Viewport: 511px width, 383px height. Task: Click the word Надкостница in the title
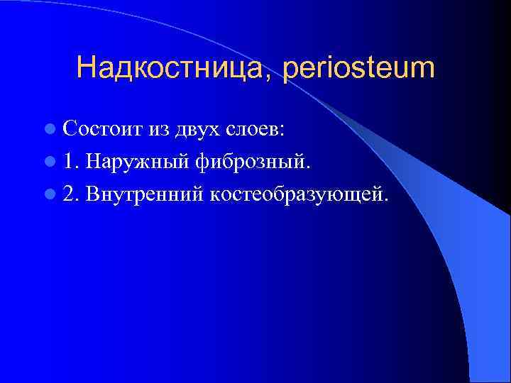(x=170, y=68)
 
